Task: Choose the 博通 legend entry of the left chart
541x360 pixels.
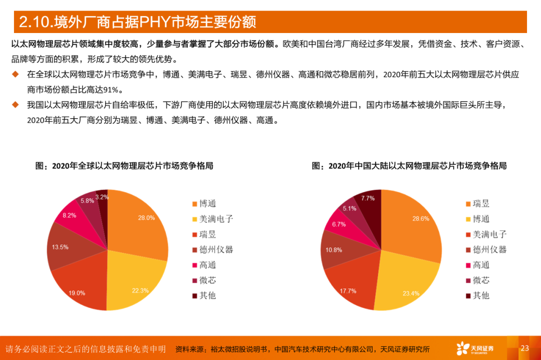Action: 207,204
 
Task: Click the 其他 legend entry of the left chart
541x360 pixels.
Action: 207,295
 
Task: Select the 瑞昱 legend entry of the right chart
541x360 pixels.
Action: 480,204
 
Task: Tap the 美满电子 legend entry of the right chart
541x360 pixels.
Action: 489,234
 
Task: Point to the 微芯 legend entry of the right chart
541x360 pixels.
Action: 480,280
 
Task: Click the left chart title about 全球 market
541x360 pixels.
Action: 124,166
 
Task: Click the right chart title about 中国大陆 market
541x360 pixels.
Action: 409,166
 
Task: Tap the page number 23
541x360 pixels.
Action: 525,348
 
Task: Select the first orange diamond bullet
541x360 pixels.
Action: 16,74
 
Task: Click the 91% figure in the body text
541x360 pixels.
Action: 114,90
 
